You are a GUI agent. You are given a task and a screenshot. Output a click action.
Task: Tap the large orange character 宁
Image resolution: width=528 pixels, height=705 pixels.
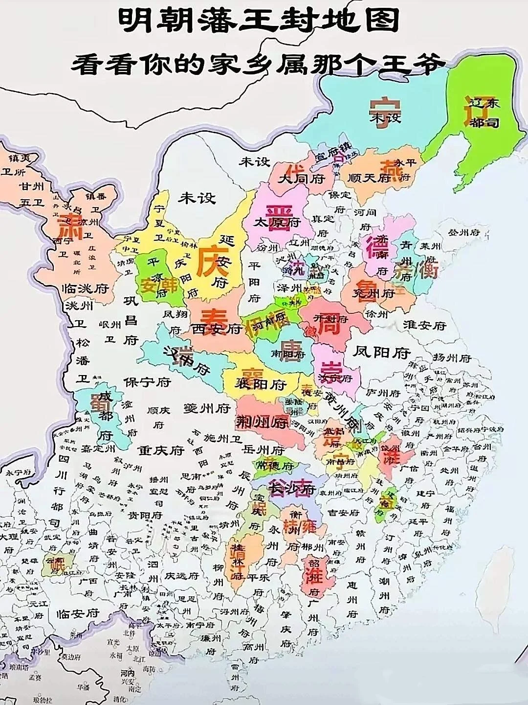click(x=385, y=112)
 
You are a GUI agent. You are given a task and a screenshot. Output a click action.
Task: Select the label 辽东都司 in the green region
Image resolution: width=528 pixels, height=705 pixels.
click(x=484, y=112)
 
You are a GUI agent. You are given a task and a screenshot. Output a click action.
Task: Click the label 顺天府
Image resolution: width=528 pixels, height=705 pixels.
click(x=370, y=178)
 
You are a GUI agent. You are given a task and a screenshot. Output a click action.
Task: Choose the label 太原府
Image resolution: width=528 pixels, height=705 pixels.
click(x=277, y=222)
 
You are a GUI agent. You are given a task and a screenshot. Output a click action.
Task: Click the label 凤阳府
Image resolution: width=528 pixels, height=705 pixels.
click(x=382, y=352)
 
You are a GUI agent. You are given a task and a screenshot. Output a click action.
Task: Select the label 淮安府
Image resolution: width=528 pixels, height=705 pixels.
click(x=424, y=325)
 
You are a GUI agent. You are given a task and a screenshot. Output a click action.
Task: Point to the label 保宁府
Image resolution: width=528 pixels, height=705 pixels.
click(x=147, y=382)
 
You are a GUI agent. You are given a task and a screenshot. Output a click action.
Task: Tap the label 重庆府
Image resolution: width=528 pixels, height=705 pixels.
click(x=160, y=450)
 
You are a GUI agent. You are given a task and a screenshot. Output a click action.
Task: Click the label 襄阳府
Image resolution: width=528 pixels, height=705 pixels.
click(x=260, y=384)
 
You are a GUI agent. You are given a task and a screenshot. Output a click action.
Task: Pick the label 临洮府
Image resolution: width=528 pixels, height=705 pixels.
click(x=85, y=288)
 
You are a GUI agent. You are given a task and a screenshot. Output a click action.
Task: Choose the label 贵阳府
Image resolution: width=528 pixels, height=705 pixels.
click(x=145, y=515)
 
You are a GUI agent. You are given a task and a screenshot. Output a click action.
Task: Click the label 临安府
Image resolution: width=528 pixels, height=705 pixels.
click(x=78, y=613)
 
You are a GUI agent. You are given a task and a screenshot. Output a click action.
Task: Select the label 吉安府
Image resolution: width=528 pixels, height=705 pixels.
click(x=343, y=513)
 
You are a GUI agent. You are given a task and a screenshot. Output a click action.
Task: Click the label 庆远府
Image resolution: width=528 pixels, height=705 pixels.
click(x=181, y=576)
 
